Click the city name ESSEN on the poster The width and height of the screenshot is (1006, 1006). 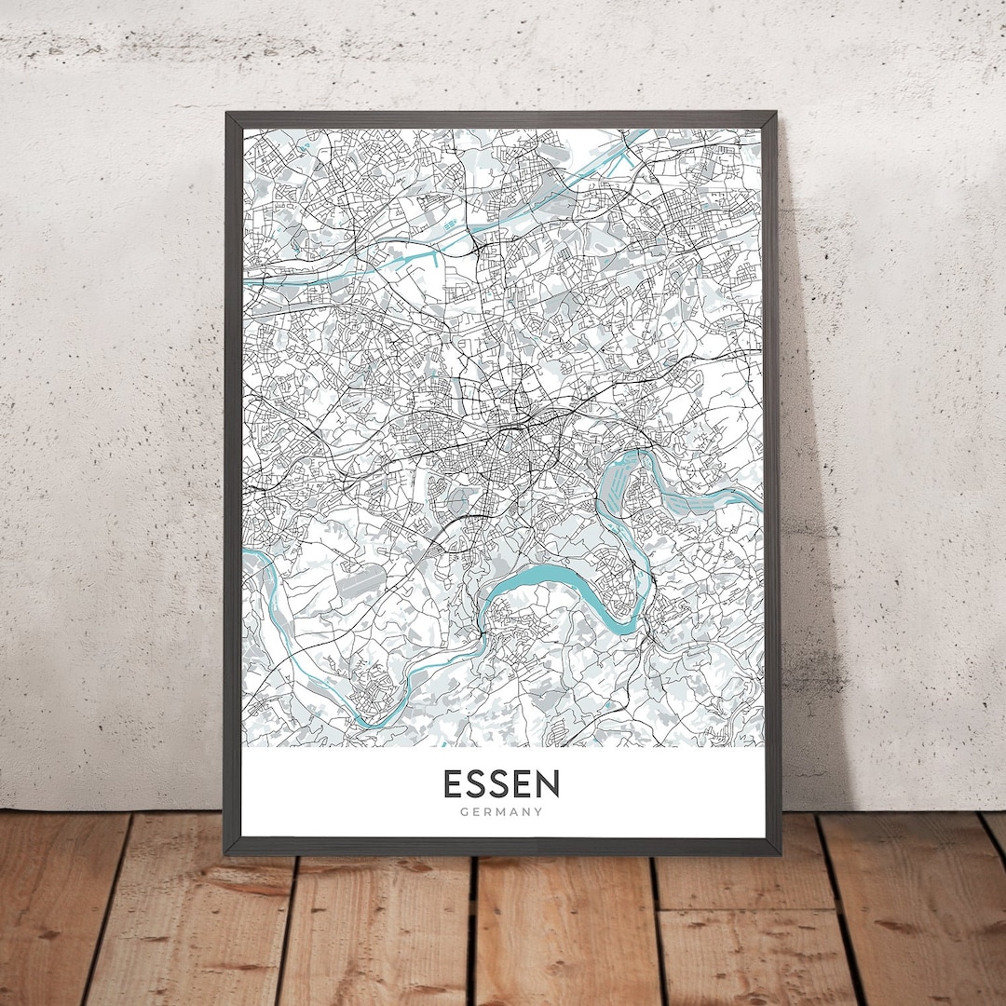tap(501, 784)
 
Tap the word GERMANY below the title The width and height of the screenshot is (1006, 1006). tap(501, 812)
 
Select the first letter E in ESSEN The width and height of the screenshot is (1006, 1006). tap(453, 784)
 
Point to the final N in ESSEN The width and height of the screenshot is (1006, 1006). tap(548, 784)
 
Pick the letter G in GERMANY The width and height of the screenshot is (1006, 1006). tap(464, 812)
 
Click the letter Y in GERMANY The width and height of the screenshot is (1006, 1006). tap(538, 812)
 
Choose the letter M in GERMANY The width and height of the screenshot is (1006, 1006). tap(501, 812)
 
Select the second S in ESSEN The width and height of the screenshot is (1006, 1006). tap(501, 784)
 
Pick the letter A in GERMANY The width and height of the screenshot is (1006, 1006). tap(513, 812)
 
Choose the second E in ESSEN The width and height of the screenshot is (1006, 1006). tap(524, 784)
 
